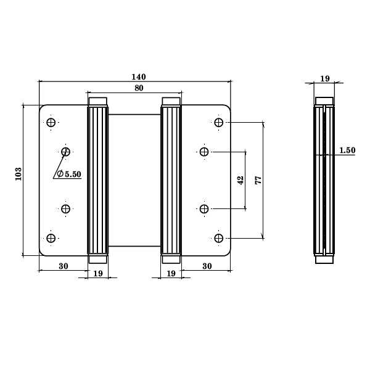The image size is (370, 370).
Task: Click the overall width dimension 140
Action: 138,77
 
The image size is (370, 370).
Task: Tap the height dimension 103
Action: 18,174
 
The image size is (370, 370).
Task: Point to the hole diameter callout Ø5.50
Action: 68,175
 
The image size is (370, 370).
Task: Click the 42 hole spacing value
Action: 240,180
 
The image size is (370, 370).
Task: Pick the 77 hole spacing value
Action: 258,180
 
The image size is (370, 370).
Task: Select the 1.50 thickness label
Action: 347,150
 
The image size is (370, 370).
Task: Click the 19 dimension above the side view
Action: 325,78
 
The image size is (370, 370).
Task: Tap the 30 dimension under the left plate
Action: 63,266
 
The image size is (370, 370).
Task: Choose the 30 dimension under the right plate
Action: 207,266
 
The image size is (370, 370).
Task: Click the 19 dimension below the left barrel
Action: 97,273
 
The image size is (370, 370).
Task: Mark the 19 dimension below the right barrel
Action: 172,273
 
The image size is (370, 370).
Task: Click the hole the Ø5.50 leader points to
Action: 67,151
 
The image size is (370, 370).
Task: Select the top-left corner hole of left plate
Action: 51,122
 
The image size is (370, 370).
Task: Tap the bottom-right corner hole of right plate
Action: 219,237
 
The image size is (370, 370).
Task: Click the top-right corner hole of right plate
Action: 219,122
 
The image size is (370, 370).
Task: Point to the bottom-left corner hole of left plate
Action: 51,237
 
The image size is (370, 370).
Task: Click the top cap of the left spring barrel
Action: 98,101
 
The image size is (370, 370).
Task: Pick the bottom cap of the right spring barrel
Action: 171,258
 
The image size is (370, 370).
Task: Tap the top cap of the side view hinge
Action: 324,101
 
